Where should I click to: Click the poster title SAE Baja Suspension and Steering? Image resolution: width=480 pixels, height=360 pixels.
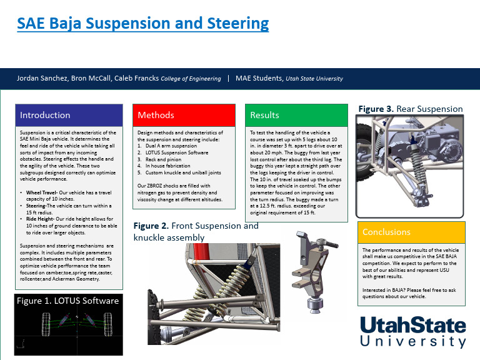click(x=142, y=24)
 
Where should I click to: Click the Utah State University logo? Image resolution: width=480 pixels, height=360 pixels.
click(x=413, y=332)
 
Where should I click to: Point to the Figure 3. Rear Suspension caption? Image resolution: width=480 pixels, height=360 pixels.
click(x=410, y=109)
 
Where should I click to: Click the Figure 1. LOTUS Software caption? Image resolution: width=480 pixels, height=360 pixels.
click(x=67, y=301)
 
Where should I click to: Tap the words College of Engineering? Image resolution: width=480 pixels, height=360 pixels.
click(x=191, y=79)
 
